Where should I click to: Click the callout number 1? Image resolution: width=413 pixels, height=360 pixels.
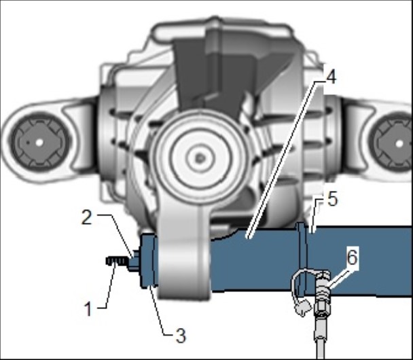point(88,308)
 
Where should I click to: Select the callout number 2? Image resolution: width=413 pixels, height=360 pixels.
point(87,217)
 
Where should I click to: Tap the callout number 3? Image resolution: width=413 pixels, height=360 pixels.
point(181,336)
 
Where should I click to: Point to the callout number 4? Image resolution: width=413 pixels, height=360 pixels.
point(331,77)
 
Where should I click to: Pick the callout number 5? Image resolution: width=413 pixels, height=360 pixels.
point(332,199)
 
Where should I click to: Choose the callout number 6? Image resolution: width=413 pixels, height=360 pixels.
point(352,257)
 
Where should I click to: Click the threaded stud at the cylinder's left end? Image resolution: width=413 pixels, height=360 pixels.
point(118,262)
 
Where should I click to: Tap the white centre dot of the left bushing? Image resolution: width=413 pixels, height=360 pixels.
point(39,143)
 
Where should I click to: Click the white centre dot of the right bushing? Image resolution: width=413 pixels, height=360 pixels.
point(399,144)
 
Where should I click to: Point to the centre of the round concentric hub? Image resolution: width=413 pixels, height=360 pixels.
point(200,158)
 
